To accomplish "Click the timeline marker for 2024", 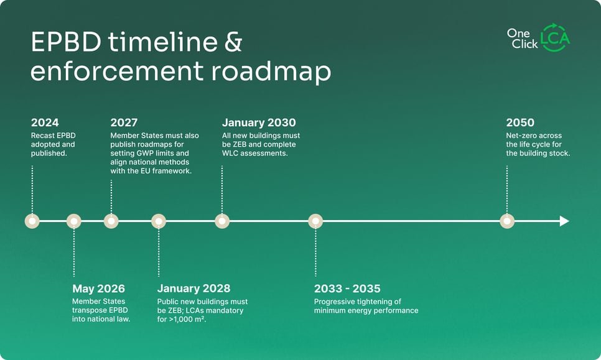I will coord(32,221).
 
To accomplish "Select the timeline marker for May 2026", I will coord(74,221).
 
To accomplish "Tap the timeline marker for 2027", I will coord(111,221).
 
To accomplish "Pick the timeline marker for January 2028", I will coord(159,221).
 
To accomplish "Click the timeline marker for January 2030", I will coord(222,221).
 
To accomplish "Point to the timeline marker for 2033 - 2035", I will coord(315,221).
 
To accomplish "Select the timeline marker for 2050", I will coord(508,221).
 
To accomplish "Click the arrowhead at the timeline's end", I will coord(564,221).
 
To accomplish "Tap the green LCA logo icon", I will coord(554,38).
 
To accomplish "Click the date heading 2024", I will coord(44,122).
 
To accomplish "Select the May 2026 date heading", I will coord(98,288).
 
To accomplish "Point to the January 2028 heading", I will coord(193,288).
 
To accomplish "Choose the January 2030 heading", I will coord(259,122).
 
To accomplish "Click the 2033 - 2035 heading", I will coord(347,288).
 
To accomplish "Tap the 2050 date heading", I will coord(520,122).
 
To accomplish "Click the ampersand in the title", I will coord(230,44).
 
